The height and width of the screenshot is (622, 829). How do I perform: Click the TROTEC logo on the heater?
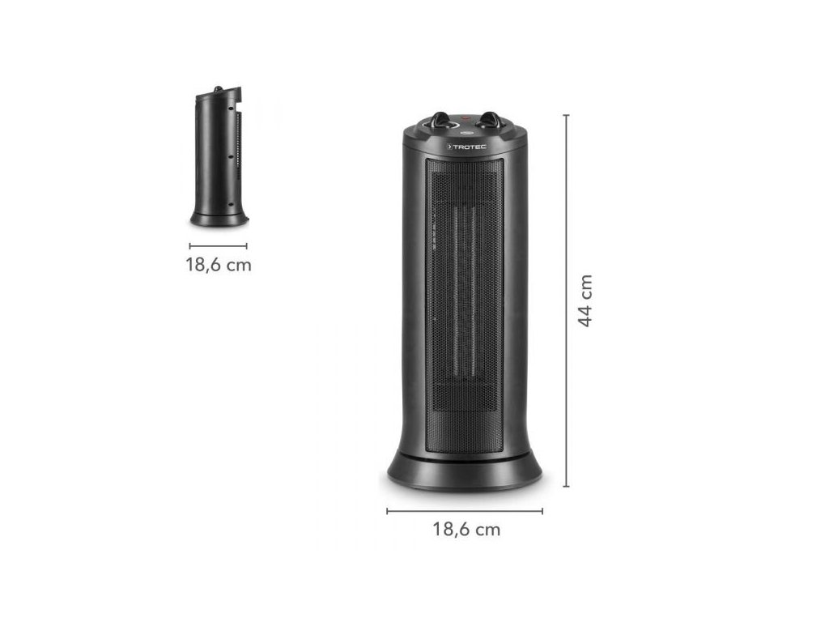(x=466, y=147)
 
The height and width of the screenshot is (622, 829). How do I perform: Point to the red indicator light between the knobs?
(x=466, y=118)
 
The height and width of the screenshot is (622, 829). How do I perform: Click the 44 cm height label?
(x=585, y=300)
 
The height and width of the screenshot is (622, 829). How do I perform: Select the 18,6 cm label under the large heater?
(x=466, y=529)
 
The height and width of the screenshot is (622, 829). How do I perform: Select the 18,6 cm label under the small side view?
(x=219, y=265)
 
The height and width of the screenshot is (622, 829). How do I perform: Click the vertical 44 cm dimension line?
(x=566, y=300)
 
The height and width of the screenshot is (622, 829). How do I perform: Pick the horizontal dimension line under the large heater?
(x=465, y=511)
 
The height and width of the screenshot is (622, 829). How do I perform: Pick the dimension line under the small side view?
(x=219, y=246)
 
